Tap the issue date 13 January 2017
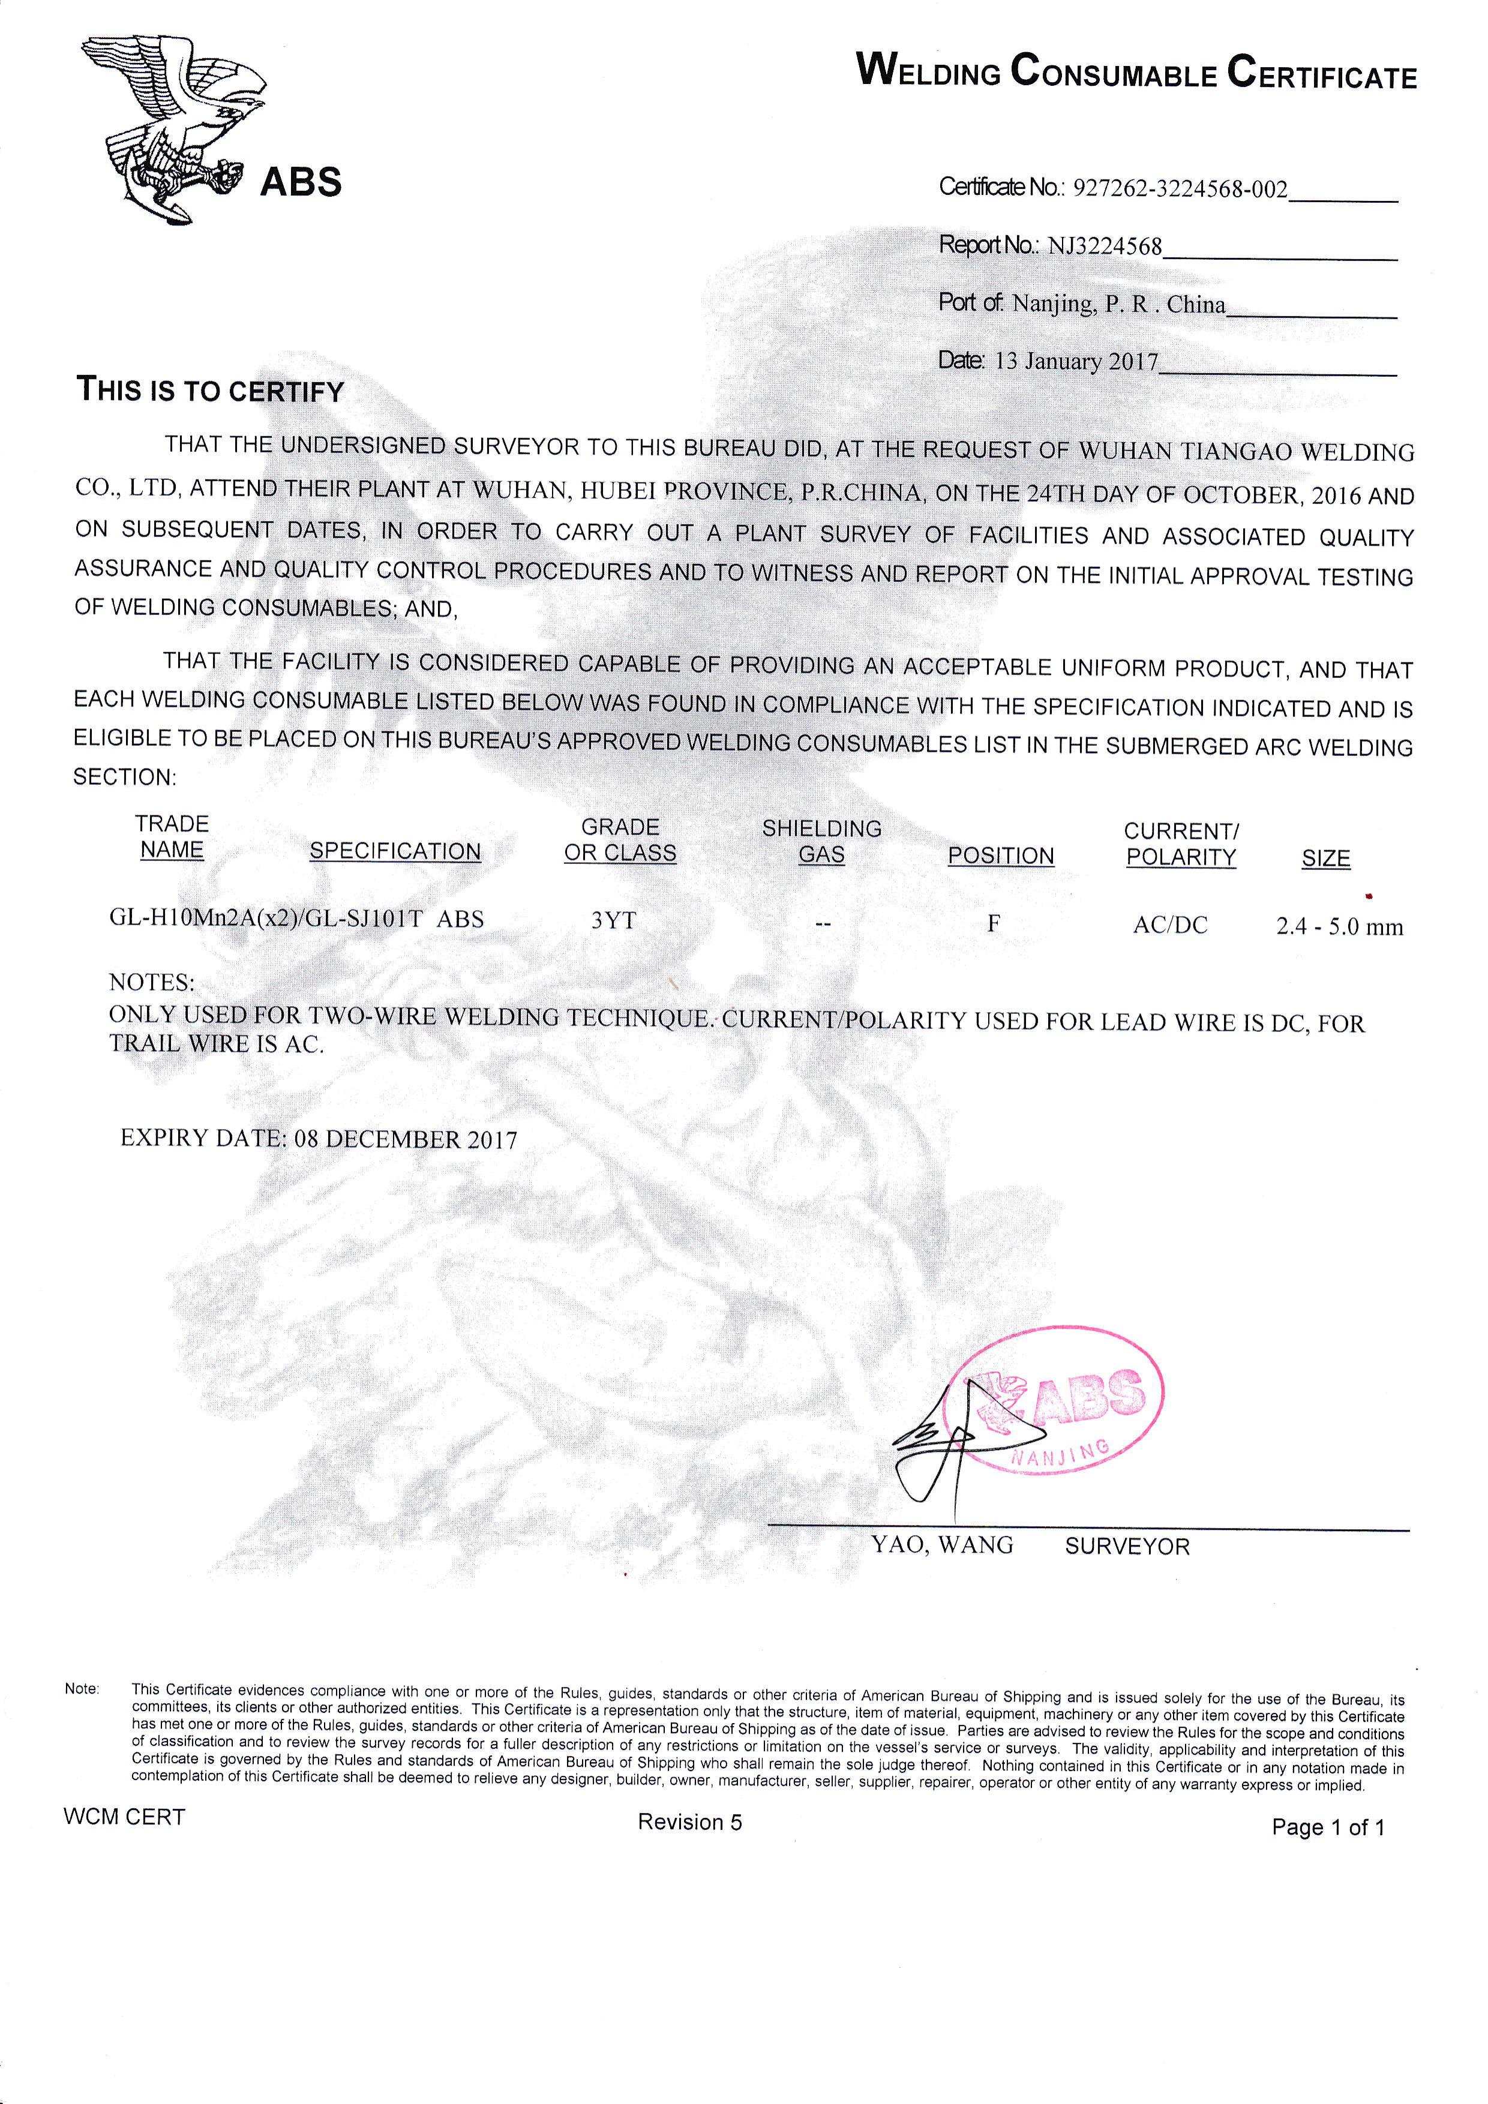pyautogui.click(x=1076, y=361)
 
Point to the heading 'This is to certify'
pyautogui.click(x=210, y=391)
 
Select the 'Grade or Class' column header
pyautogui.click(x=620, y=841)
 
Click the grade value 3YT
pyautogui.click(x=613, y=921)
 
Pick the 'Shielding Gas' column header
pyautogui.click(x=822, y=841)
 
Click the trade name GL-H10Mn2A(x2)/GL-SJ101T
pyautogui.click(x=266, y=918)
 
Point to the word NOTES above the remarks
pyautogui.click(x=151, y=982)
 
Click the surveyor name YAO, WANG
pyautogui.click(x=942, y=1545)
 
